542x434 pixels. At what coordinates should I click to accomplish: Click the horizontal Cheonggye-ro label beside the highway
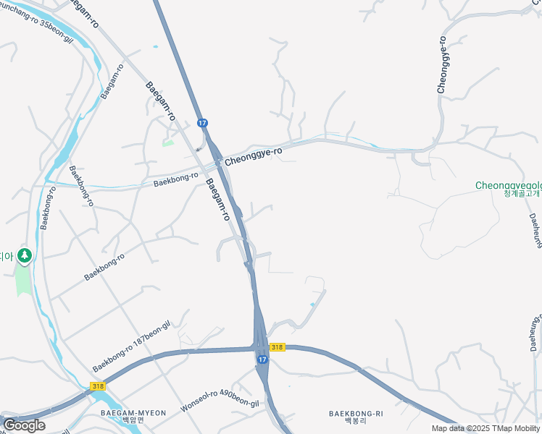click(x=253, y=156)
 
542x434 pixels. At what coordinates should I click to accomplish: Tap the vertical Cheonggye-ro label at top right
click(x=442, y=65)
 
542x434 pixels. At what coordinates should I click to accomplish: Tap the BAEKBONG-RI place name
click(x=356, y=414)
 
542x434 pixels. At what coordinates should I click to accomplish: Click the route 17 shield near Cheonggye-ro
click(x=202, y=124)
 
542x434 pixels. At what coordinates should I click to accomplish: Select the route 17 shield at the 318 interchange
click(x=262, y=359)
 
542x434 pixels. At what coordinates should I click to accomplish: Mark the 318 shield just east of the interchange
click(x=278, y=348)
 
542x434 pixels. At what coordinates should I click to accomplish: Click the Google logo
click(x=24, y=425)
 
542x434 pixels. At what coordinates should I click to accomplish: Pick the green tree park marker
click(x=25, y=255)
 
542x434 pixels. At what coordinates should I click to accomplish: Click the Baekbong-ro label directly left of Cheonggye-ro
click(x=176, y=179)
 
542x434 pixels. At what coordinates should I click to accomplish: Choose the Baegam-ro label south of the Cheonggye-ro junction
click(x=218, y=200)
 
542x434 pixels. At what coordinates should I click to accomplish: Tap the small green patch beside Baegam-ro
click(x=168, y=142)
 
